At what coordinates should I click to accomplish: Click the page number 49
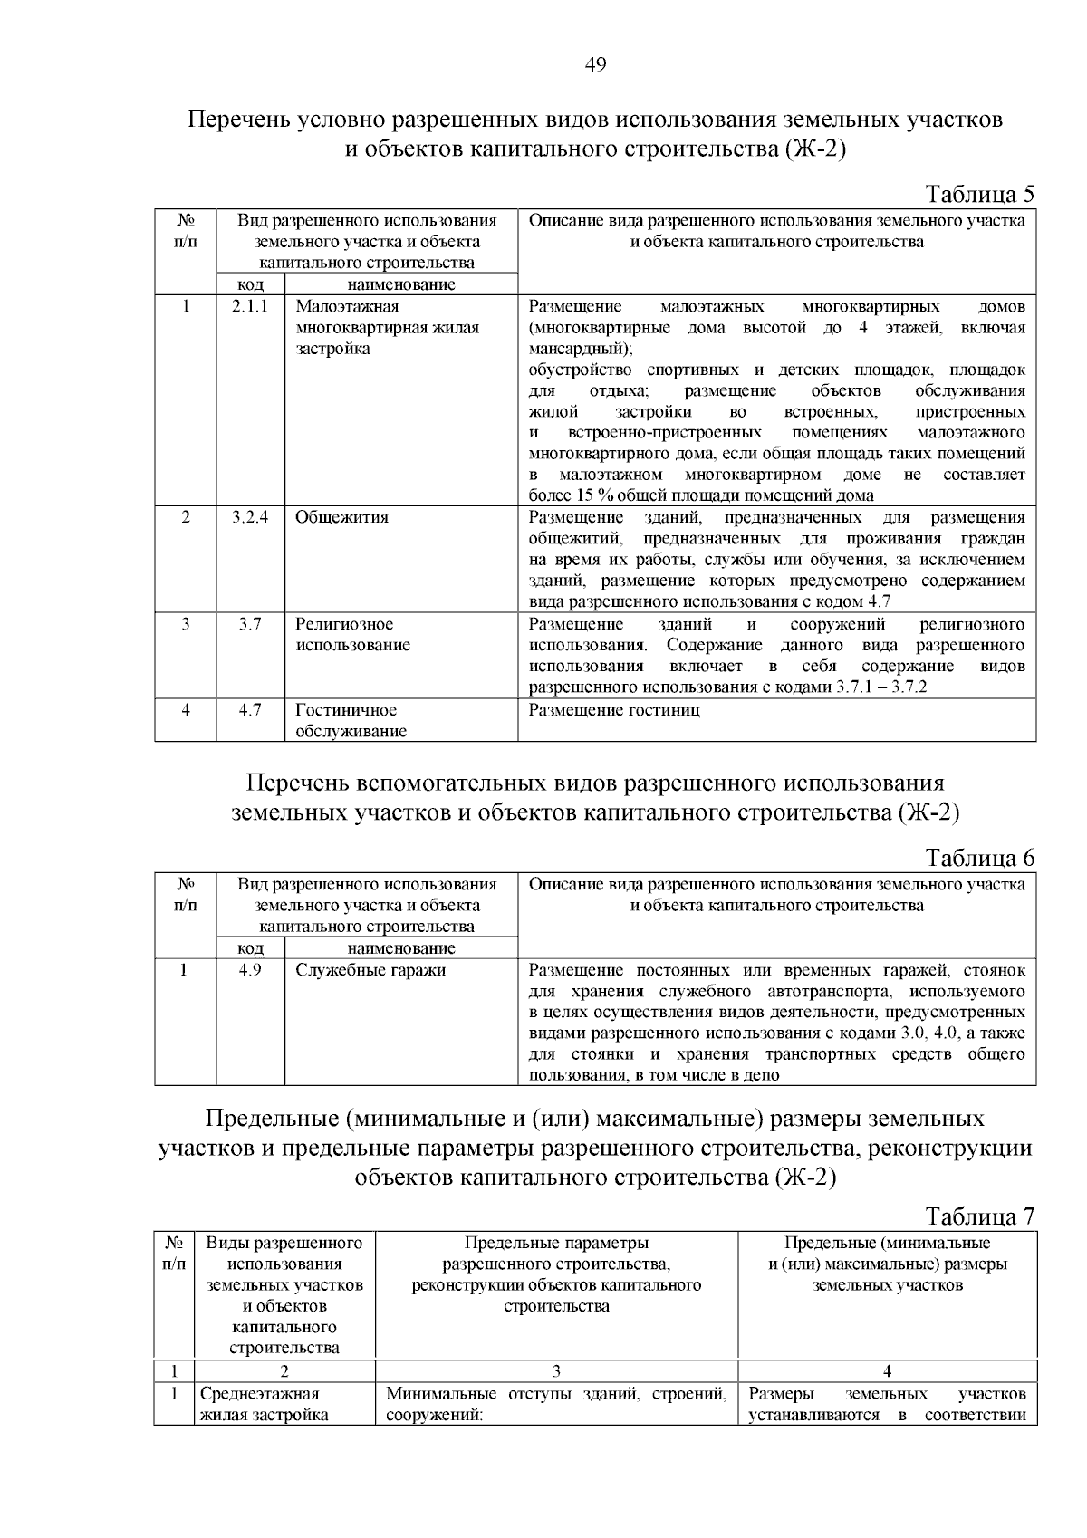click(595, 64)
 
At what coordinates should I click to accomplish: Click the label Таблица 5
click(979, 195)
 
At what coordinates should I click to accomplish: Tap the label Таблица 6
click(979, 858)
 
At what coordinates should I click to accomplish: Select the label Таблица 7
click(979, 1216)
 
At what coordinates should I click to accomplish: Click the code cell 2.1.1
click(250, 306)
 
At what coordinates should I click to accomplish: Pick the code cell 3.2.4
click(250, 517)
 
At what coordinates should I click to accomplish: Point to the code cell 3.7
click(250, 624)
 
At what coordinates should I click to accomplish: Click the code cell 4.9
click(250, 970)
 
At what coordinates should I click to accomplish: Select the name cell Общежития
click(341, 517)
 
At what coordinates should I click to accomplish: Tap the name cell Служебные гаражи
click(370, 970)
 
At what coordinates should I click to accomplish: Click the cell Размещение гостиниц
click(614, 710)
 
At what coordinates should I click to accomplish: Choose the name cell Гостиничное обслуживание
click(351, 721)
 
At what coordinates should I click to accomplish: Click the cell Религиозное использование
click(352, 634)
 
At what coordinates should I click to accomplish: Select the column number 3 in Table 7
click(556, 1371)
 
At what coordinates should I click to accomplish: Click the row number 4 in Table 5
click(186, 710)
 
